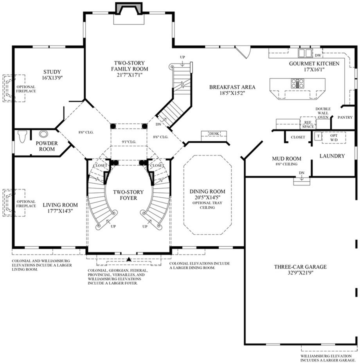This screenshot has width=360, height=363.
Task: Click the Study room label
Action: coord(52,72)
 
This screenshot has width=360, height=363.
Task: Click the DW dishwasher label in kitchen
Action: coord(318,55)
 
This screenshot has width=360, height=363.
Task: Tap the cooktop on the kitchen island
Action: coord(297,83)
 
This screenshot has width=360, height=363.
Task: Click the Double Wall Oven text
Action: coord(323,113)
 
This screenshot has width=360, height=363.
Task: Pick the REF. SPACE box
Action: coord(307,124)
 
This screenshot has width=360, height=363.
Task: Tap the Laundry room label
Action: coord(332,156)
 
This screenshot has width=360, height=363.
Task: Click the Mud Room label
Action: coord(286,159)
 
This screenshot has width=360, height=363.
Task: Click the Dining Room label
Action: coord(207,191)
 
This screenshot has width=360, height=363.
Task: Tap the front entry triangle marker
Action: coord(129,259)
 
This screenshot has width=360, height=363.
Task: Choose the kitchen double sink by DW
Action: coord(305,53)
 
